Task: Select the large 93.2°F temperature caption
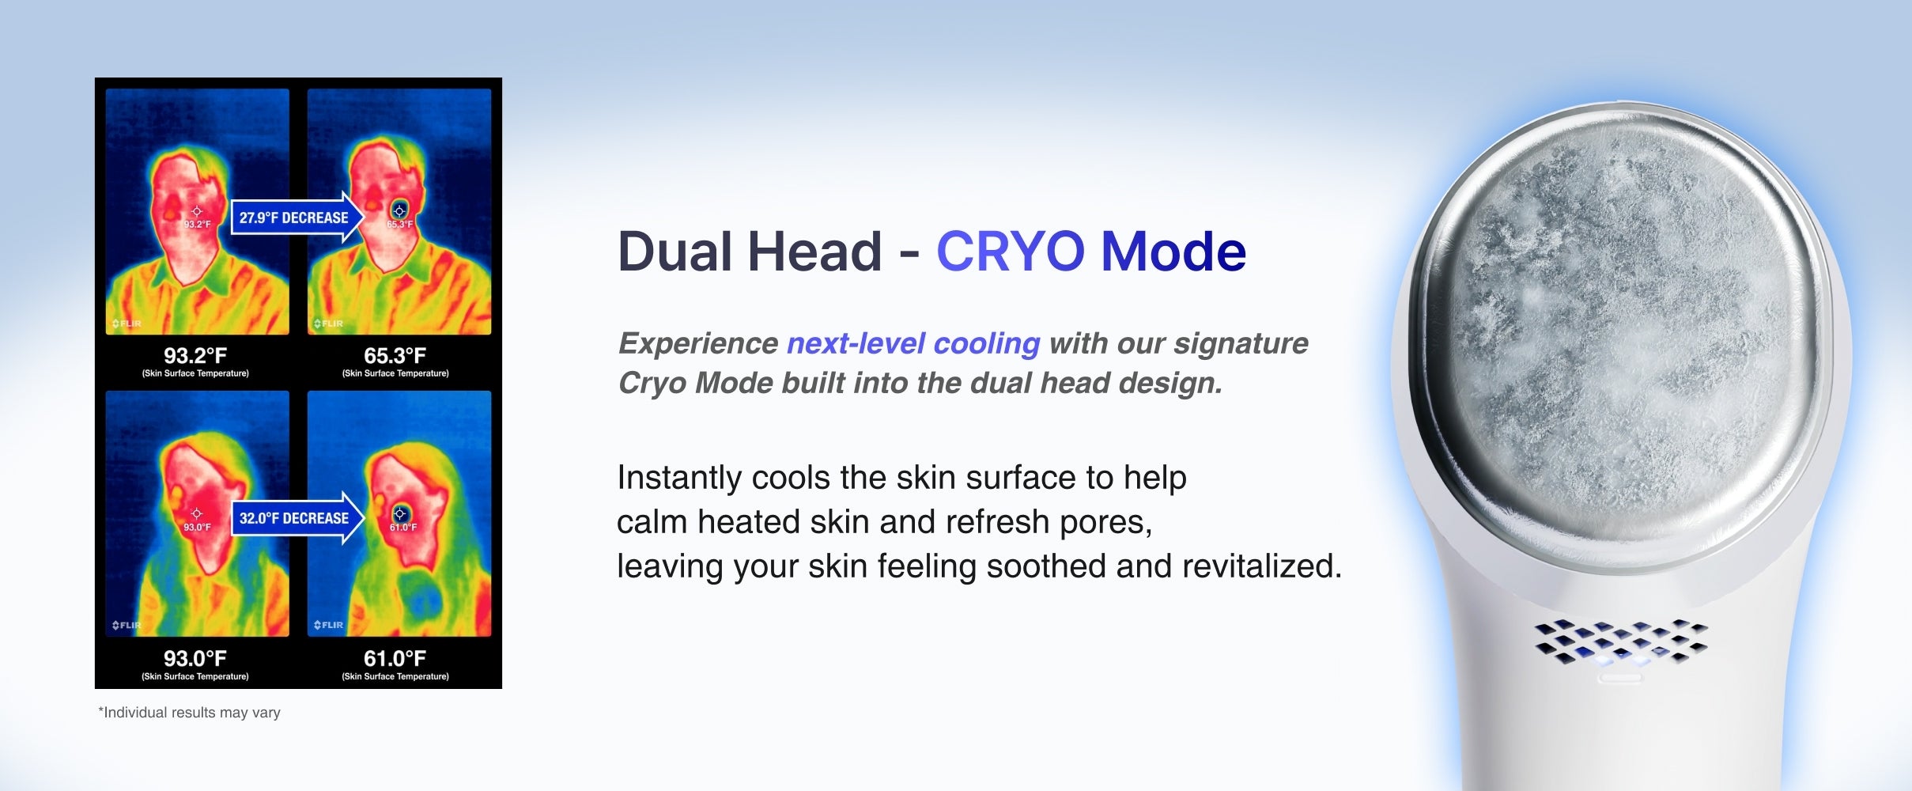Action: [x=195, y=355]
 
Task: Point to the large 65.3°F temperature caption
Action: [x=395, y=355]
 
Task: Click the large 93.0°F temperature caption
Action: [x=195, y=658]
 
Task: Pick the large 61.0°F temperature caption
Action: [x=395, y=658]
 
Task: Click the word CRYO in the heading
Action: [x=1011, y=252]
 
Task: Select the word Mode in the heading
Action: [x=1173, y=252]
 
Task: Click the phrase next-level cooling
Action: [x=913, y=344]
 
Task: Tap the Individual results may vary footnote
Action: [x=189, y=713]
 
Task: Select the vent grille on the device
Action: [x=1620, y=642]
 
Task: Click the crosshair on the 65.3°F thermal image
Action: [x=399, y=210]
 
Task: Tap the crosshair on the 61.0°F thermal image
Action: [x=399, y=514]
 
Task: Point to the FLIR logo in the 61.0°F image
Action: [x=328, y=625]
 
